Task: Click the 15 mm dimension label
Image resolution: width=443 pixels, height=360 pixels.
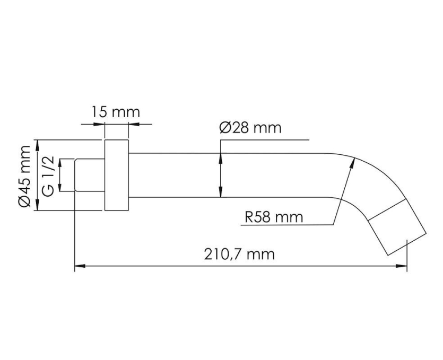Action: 116,112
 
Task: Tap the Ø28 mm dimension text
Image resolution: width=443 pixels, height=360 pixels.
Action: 250,128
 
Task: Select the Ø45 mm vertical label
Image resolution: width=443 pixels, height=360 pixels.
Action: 24,177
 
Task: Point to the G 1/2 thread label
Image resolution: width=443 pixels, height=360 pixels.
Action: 48,176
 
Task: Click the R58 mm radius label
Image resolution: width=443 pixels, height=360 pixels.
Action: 274,217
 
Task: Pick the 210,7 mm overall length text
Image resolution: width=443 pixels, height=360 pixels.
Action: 239,254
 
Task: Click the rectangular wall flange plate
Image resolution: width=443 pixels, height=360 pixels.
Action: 117,175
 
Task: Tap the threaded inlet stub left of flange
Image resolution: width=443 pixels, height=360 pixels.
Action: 90,175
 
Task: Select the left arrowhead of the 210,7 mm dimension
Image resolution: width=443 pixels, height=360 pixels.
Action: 80,266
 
